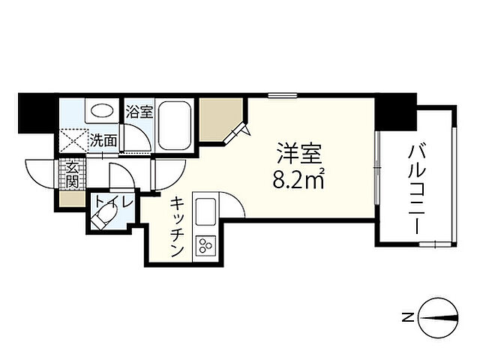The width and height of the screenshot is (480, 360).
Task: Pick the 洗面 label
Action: [x=104, y=139]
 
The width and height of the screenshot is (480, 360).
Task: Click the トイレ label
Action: [x=112, y=202]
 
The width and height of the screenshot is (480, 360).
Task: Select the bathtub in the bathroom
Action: [x=176, y=124]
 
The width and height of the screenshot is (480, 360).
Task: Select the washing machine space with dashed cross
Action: [x=73, y=140]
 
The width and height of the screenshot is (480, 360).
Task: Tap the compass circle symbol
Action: [x=436, y=318]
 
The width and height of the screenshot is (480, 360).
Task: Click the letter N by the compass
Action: [x=406, y=318]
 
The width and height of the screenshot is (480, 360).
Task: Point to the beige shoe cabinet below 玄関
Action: [x=73, y=199]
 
